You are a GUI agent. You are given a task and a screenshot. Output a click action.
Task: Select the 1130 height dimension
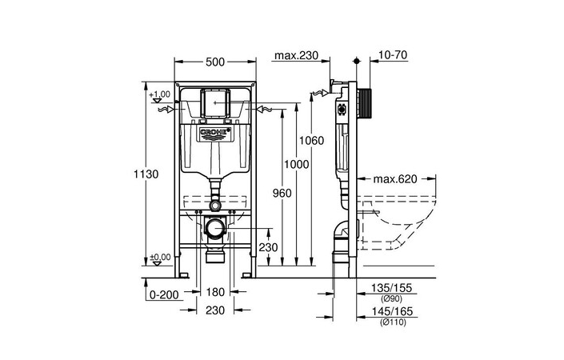[x=147, y=174]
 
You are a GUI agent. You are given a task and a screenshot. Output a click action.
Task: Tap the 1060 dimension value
[x=311, y=141]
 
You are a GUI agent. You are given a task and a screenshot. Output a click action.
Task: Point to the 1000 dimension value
[x=297, y=163]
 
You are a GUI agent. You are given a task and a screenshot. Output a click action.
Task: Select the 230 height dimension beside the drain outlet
[x=269, y=248]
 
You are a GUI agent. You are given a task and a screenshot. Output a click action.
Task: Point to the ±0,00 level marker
[x=160, y=257]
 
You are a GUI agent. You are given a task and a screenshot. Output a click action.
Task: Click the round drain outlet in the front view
[x=215, y=230]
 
